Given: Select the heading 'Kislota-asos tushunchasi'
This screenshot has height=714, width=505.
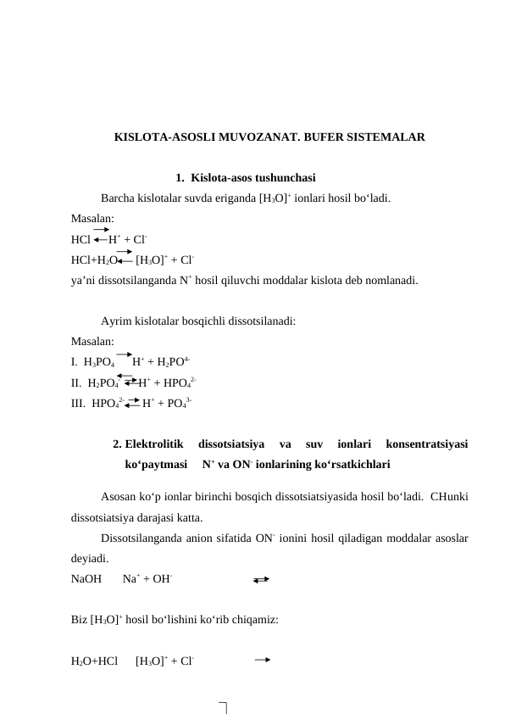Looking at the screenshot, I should click(253, 178).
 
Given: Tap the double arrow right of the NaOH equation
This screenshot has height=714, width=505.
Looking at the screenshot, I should click(261, 580).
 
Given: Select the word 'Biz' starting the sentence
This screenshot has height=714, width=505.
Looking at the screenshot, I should click(79, 620).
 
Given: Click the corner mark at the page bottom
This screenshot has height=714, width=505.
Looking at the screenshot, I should click(224, 706).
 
